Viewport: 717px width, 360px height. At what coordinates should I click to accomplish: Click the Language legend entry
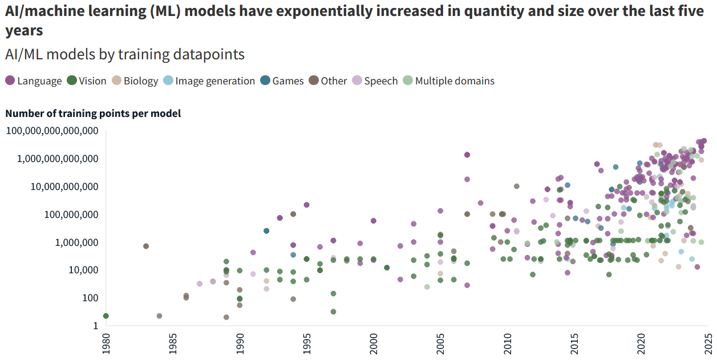[33, 81]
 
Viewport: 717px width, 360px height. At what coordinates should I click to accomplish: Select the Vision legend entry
[87, 81]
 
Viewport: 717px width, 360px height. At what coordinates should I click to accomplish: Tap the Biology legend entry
[135, 81]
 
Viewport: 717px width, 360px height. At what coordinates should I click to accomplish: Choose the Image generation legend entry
[209, 81]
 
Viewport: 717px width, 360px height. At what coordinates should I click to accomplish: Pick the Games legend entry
[282, 81]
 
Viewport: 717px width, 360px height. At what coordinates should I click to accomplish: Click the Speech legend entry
[375, 81]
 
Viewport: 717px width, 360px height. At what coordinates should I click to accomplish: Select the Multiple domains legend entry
[448, 81]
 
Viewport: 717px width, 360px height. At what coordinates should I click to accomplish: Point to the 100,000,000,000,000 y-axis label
[51, 131]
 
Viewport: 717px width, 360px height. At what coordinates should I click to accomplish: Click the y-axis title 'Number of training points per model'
[93, 114]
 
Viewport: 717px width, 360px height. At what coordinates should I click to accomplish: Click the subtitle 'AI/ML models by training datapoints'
[125, 54]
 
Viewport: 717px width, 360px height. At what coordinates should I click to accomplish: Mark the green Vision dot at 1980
[106, 316]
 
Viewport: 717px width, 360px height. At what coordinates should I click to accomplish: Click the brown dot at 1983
[146, 246]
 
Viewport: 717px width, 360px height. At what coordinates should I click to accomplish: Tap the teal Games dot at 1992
[266, 230]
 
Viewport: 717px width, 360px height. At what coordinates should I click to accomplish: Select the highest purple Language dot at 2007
[467, 155]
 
